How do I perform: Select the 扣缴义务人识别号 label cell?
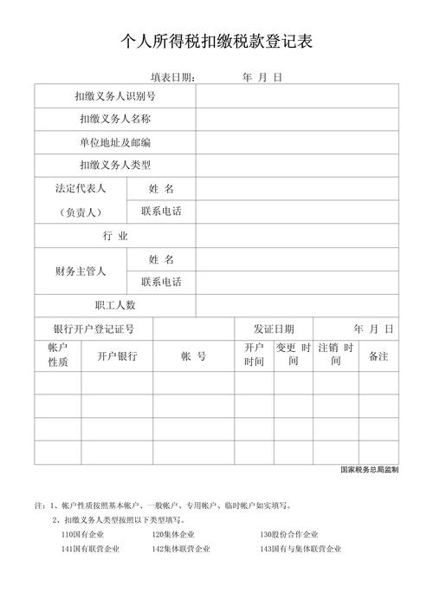[x=115, y=95]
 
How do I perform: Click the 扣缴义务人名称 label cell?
[x=115, y=119]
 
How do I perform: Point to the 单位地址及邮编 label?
[x=115, y=142]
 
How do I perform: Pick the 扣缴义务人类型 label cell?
[x=115, y=165]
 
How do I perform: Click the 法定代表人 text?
[x=81, y=188]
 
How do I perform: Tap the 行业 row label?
[x=115, y=236]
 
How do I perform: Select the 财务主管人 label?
[x=81, y=271]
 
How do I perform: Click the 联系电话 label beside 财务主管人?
[x=161, y=283]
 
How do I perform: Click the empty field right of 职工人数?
[x=297, y=305]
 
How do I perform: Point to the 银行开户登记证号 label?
[x=94, y=329]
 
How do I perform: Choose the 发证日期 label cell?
[x=274, y=329]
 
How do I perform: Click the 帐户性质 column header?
[x=58, y=354]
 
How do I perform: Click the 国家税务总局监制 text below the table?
[x=370, y=470]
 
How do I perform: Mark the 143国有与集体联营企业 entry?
[x=301, y=549]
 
